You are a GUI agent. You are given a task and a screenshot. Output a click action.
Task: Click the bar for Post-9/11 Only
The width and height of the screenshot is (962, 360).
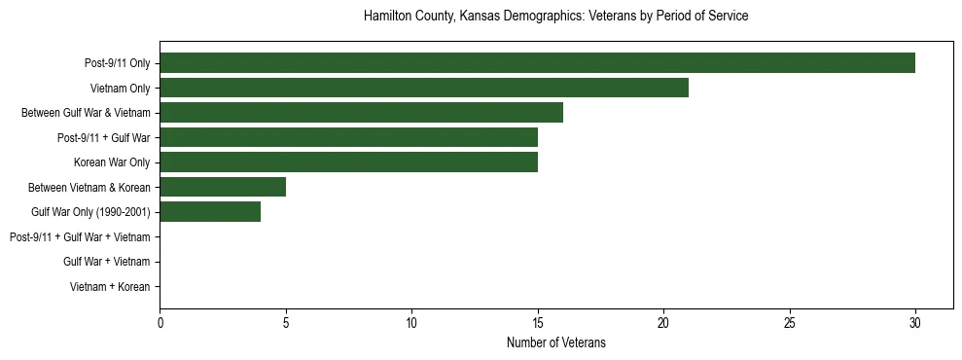point(537,63)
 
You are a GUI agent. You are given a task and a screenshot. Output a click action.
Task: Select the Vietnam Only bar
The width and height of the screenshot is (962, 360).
point(424,88)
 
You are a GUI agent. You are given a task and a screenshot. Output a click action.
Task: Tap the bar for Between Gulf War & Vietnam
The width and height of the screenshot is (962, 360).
point(361,113)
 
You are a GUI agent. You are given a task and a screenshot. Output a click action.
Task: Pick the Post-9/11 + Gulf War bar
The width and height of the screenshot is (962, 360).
point(348,137)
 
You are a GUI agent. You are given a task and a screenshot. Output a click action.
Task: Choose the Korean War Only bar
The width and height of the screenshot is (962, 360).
point(348,162)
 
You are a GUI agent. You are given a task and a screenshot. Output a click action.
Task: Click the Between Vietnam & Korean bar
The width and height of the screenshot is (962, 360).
point(223,187)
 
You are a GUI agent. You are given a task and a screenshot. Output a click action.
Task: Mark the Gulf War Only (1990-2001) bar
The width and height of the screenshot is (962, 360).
point(210,211)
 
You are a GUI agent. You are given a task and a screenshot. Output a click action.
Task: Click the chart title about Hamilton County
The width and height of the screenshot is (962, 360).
point(555,17)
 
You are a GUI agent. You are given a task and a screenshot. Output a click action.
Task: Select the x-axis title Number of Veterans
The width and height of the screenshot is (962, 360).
point(555,342)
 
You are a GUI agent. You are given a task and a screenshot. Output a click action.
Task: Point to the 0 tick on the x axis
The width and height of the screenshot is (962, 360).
point(160,321)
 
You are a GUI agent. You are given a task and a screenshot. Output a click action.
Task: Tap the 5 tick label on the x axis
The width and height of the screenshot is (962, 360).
point(286,321)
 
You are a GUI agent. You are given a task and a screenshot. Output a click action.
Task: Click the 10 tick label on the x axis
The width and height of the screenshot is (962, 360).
point(411,321)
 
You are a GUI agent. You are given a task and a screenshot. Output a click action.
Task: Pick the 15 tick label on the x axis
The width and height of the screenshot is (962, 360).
point(538,321)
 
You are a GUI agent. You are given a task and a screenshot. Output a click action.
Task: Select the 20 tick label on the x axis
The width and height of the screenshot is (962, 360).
point(663,321)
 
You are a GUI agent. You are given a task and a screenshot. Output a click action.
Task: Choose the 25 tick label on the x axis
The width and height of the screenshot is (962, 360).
point(789,321)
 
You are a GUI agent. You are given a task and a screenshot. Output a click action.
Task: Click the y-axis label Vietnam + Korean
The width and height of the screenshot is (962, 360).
point(110,286)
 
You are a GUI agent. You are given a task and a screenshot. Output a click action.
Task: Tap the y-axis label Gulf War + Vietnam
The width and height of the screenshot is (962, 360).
point(106,261)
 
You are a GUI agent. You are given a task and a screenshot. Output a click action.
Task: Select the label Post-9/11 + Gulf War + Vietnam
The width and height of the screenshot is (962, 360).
point(80,236)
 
